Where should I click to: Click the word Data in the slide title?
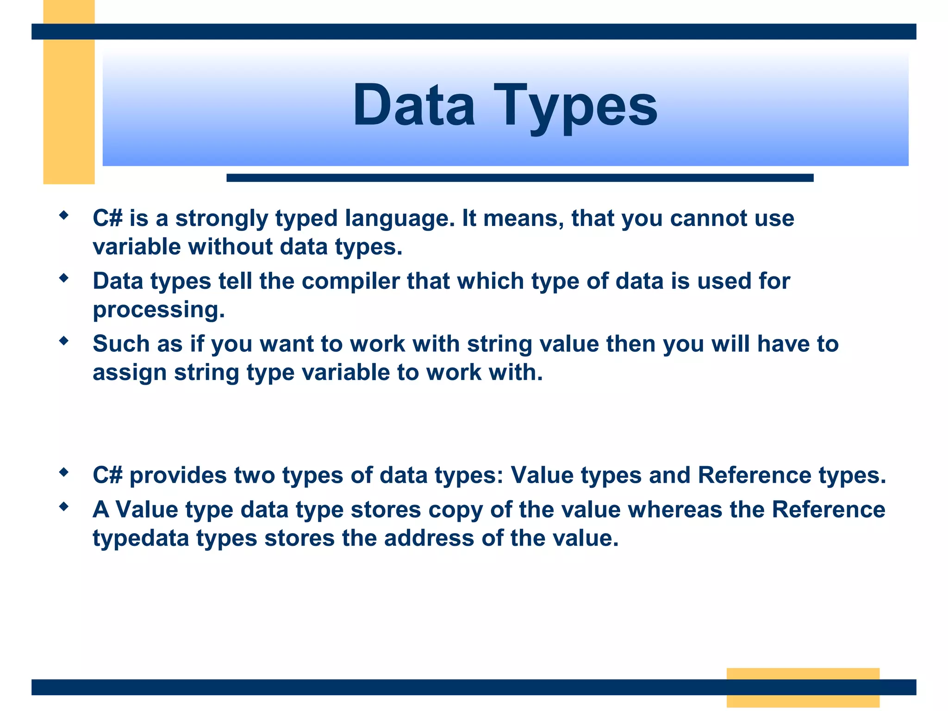pos(413,106)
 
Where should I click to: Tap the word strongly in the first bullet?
pos(221,218)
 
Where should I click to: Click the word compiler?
pos(350,281)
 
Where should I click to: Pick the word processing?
pos(158,310)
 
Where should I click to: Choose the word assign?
pos(129,373)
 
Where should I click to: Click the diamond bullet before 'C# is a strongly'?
pos(64,215)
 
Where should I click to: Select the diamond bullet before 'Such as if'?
pos(64,341)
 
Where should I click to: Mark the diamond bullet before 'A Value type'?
pos(64,507)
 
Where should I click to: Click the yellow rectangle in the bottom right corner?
pos(803,687)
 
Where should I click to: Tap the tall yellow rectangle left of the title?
pos(69,111)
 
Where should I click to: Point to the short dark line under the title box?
pos(519,178)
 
